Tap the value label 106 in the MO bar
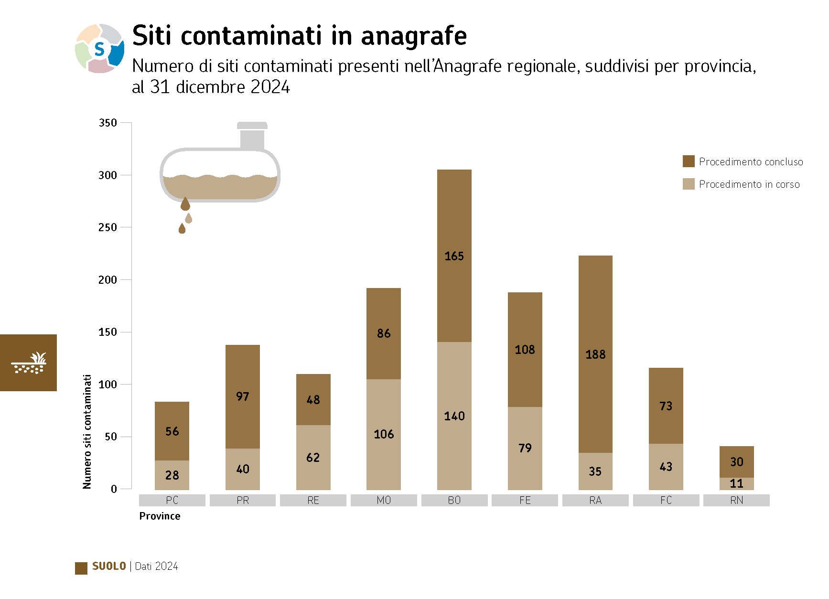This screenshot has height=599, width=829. pyautogui.click(x=384, y=434)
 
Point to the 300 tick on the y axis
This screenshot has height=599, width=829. pyautogui.click(x=108, y=175)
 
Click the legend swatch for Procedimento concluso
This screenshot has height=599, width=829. pyautogui.click(x=689, y=161)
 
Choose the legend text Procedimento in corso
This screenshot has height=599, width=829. pyautogui.click(x=749, y=184)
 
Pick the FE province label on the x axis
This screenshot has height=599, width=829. pyautogui.click(x=525, y=500)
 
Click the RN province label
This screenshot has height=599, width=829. pyautogui.click(x=736, y=500)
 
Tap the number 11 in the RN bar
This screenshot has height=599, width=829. pyautogui.click(x=736, y=483)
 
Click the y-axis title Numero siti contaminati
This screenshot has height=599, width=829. pyautogui.click(x=87, y=431)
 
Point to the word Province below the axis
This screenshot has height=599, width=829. pyautogui.click(x=160, y=516)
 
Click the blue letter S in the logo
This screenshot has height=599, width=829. pyautogui.click(x=99, y=49)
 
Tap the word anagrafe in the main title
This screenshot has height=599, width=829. pyautogui.click(x=414, y=36)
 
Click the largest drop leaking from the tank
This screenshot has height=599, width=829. pyautogui.click(x=185, y=204)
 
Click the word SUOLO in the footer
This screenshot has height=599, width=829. pyautogui.click(x=109, y=566)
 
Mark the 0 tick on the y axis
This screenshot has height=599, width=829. pyautogui.click(x=114, y=489)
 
